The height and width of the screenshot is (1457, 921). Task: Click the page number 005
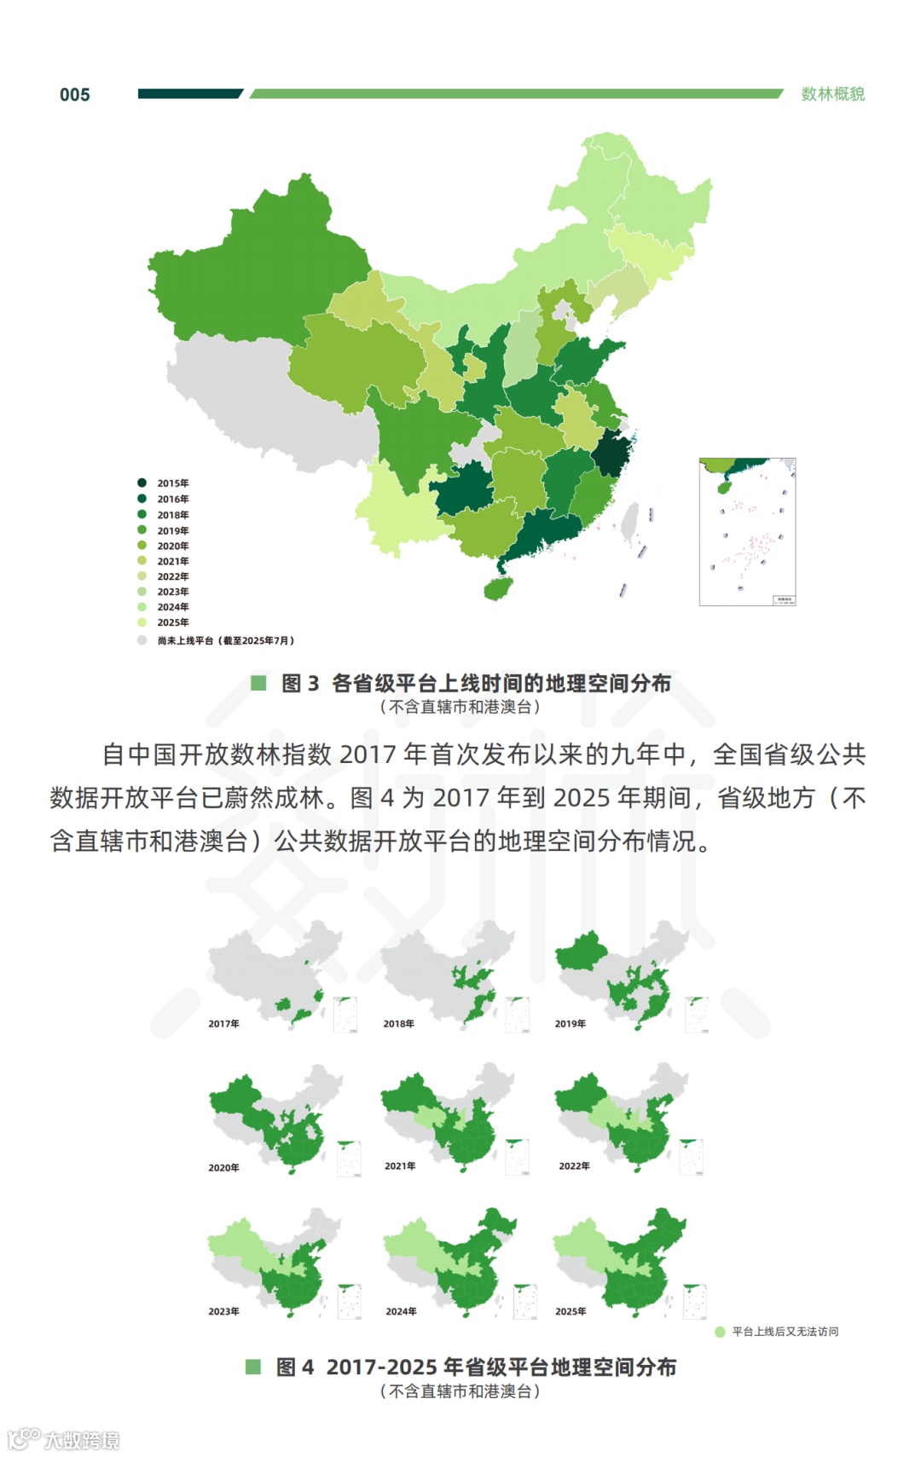pyautogui.click(x=74, y=95)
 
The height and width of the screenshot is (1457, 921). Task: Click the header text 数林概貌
pyautogui.click(x=832, y=94)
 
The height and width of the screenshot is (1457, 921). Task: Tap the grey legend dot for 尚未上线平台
pyautogui.click(x=142, y=640)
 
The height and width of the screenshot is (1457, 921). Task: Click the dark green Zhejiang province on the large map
pyautogui.click(x=611, y=453)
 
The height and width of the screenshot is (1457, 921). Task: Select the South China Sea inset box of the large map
pyautogui.click(x=747, y=531)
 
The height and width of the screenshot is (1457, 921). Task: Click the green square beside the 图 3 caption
pyautogui.click(x=258, y=683)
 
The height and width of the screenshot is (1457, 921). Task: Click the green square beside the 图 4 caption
pyautogui.click(x=253, y=1367)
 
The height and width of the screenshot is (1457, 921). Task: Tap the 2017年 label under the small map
pyautogui.click(x=223, y=1024)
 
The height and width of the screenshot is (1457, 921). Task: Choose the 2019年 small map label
pyautogui.click(x=570, y=1024)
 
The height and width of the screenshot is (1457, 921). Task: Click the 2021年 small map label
pyautogui.click(x=399, y=1165)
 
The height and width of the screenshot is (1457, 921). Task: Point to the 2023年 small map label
pyautogui.click(x=223, y=1311)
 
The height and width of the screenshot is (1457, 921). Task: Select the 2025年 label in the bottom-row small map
pyautogui.click(x=570, y=1311)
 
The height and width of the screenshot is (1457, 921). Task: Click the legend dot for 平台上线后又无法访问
pyautogui.click(x=720, y=1332)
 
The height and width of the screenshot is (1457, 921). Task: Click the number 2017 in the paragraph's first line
pyautogui.click(x=368, y=755)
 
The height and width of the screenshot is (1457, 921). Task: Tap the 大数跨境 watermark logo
pyautogui.click(x=64, y=1440)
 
